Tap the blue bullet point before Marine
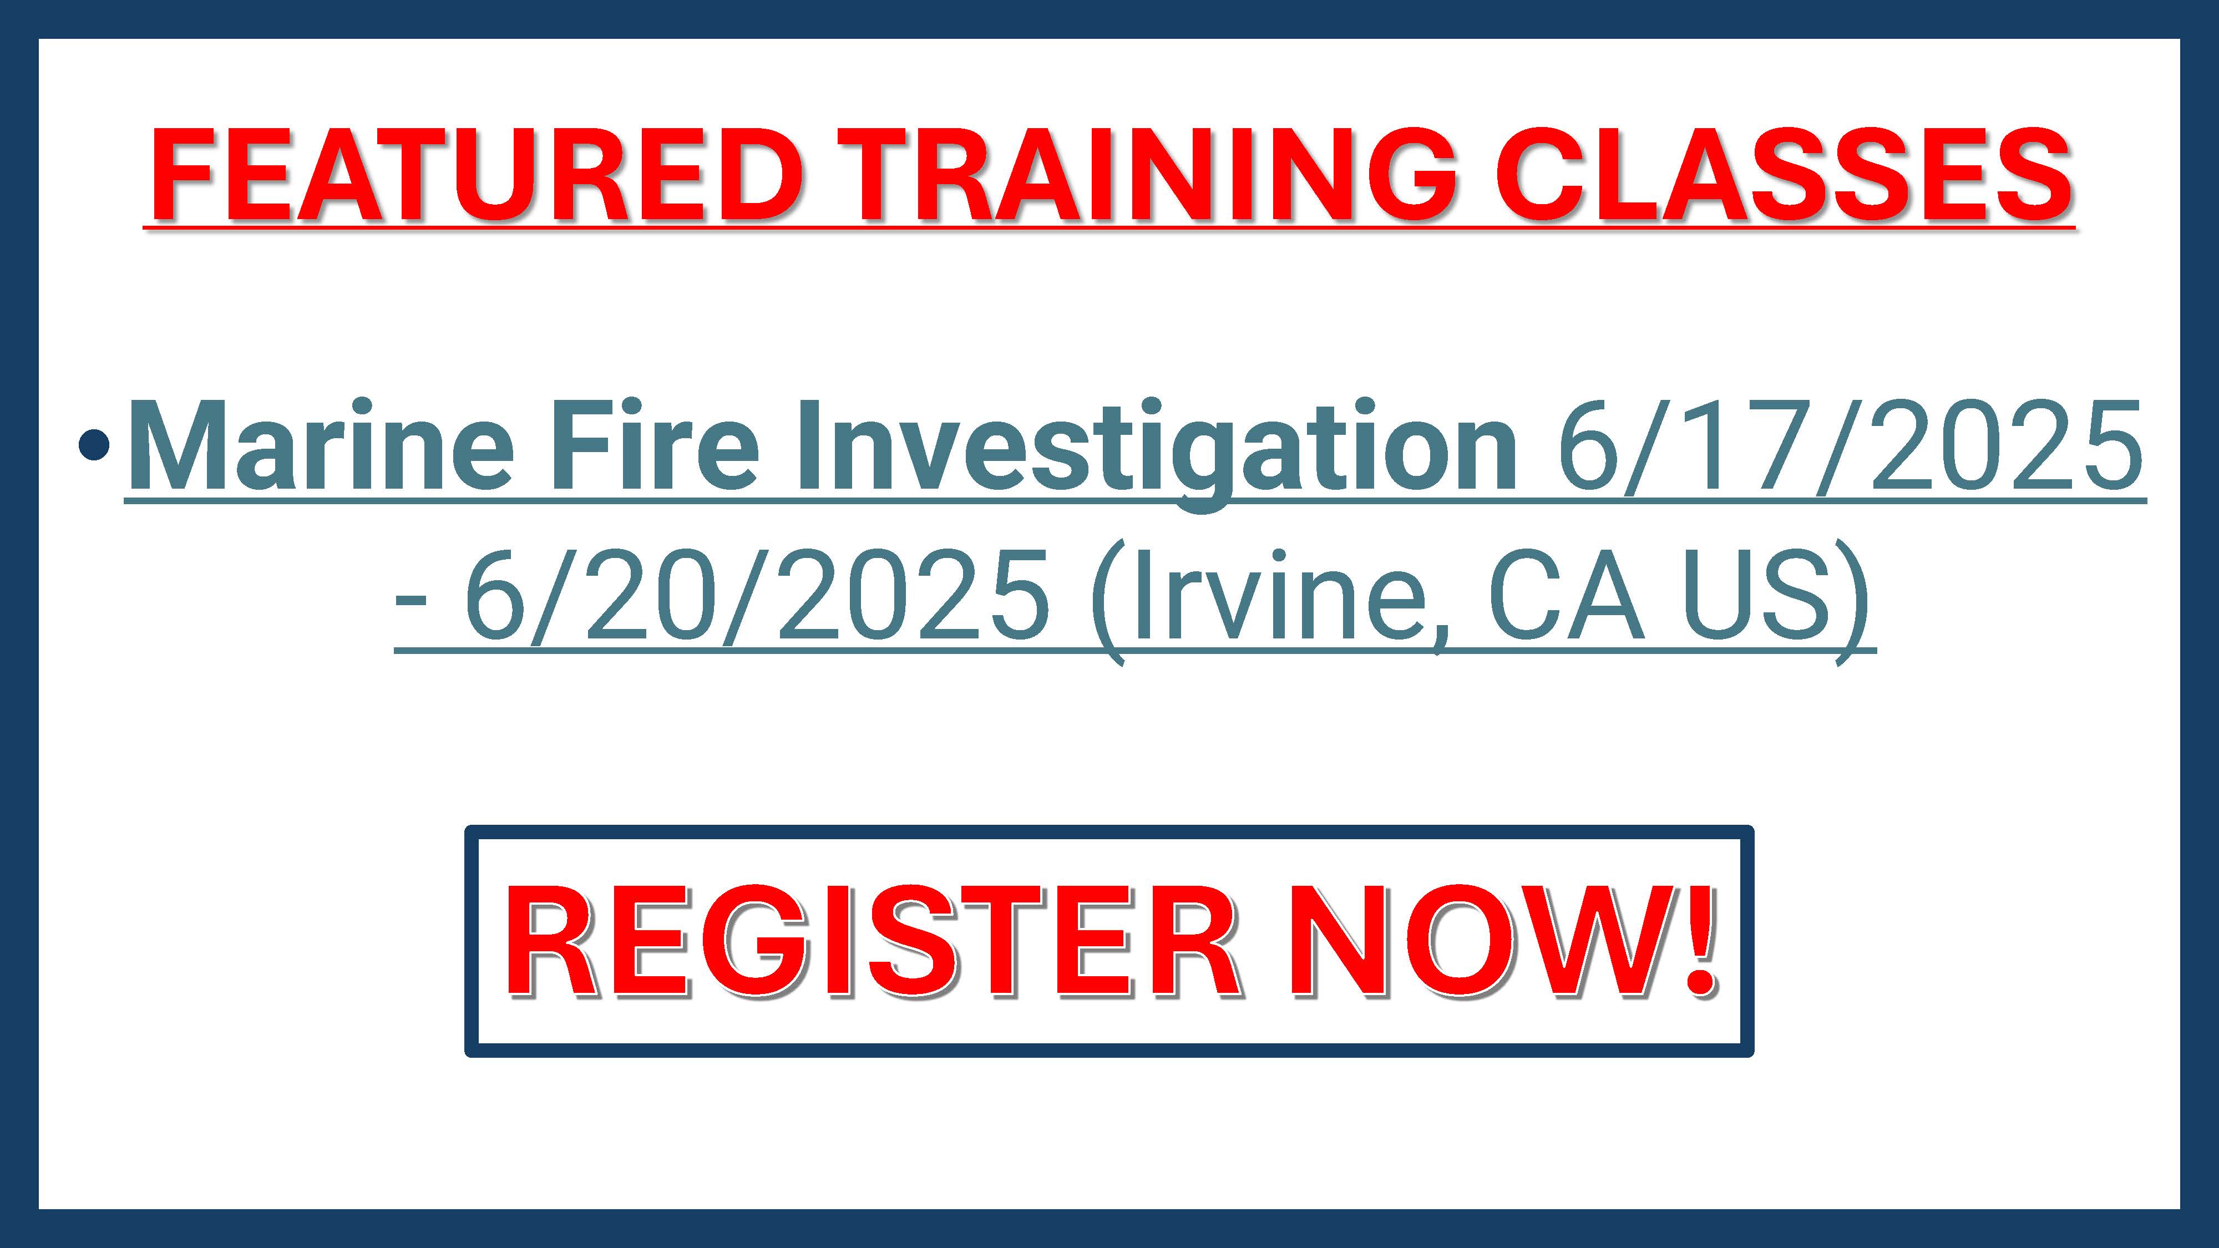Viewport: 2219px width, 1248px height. point(93,446)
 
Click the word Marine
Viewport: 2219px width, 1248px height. point(321,448)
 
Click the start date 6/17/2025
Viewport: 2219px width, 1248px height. point(1848,448)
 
